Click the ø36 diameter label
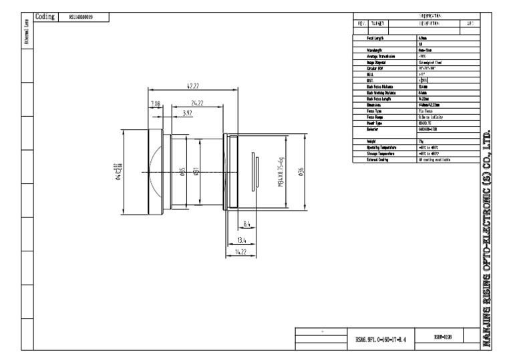click(301, 173)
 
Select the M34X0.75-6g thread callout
click(281, 173)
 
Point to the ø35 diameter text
click(182, 173)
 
